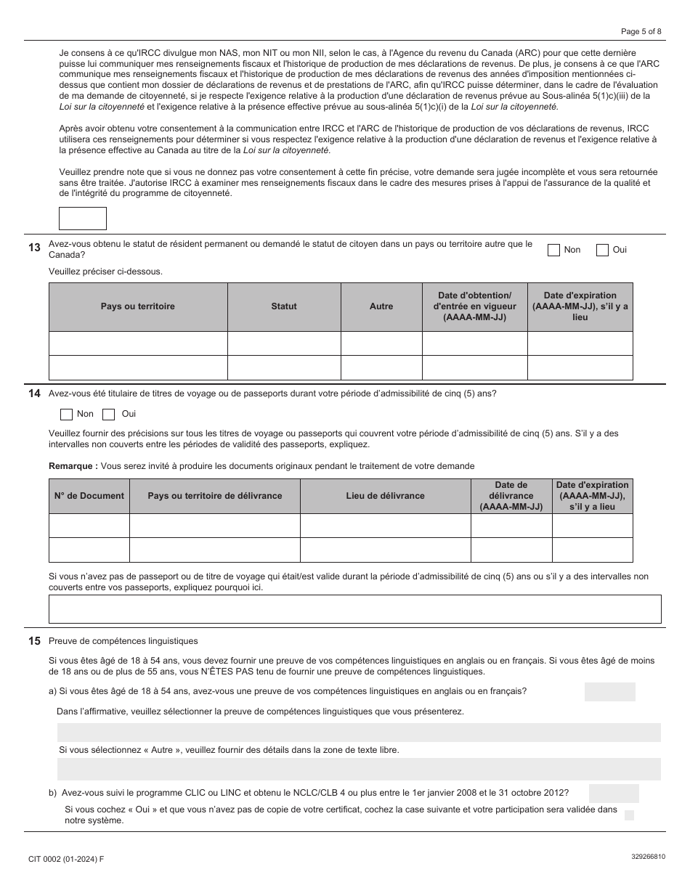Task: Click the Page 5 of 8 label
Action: [x=641, y=30]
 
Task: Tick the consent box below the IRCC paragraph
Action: [x=82, y=219]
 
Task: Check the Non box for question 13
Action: [x=554, y=250]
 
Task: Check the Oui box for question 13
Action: [x=602, y=250]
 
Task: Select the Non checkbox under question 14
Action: [x=66, y=415]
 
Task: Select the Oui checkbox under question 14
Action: [x=109, y=415]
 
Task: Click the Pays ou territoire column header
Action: [x=138, y=306]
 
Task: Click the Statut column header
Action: [x=284, y=306]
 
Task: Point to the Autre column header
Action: [x=381, y=306]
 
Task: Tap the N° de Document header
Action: [x=89, y=496]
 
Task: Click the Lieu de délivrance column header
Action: [x=385, y=496]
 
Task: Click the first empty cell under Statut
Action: [x=284, y=343]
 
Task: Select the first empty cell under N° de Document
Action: [x=89, y=526]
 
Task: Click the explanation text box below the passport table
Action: [x=354, y=609]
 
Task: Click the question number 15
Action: [x=34, y=641]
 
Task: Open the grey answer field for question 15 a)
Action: [x=609, y=692]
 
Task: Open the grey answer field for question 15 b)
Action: [x=614, y=794]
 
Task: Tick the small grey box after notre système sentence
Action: [x=629, y=815]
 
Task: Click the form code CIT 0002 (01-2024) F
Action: [x=66, y=859]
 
